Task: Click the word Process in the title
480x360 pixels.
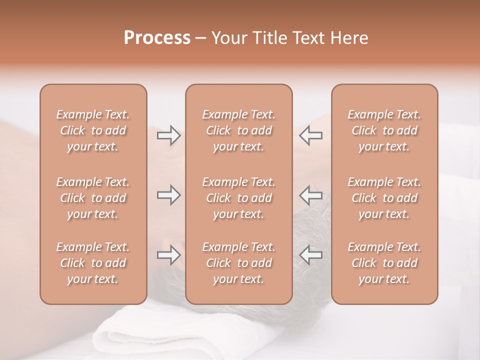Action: pyautogui.click(x=157, y=38)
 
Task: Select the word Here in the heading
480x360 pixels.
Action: pyautogui.click(x=348, y=38)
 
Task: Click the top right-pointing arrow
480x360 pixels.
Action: pyautogui.click(x=168, y=135)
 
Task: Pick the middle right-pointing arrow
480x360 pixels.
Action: pyautogui.click(x=168, y=195)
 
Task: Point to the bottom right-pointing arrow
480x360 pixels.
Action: pyautogui.click(x=168, y=255)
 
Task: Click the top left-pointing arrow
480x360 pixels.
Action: pyautogui.click(x=311, y=135)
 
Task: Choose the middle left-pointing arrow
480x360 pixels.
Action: pyautogui.click(x=311, y=195)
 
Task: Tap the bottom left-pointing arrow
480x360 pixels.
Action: pyautogui.click(x=311, y=255)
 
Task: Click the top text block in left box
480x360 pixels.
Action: pyautogui.click(x=93, y=130)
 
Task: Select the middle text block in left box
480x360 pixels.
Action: pyautogui.click(x=93, y=198)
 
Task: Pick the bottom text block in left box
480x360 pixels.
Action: pyautogui.click(x=93, y=263)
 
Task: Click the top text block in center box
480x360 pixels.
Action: pyautogui.click(x=238, y=130)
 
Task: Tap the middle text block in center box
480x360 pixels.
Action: pyautogui.click(x=238, y=198)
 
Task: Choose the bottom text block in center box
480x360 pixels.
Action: pyautogui.click(x=238, y=263)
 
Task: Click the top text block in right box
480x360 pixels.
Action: pyautogui.click(x=384, y=130)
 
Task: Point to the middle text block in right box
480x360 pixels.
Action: pyautogui.click(x=384, y=198)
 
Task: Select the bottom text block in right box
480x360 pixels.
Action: pyautogui.click(x=384, y=263)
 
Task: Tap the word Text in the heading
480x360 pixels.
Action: pyautogui.click(x=308, y=38)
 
